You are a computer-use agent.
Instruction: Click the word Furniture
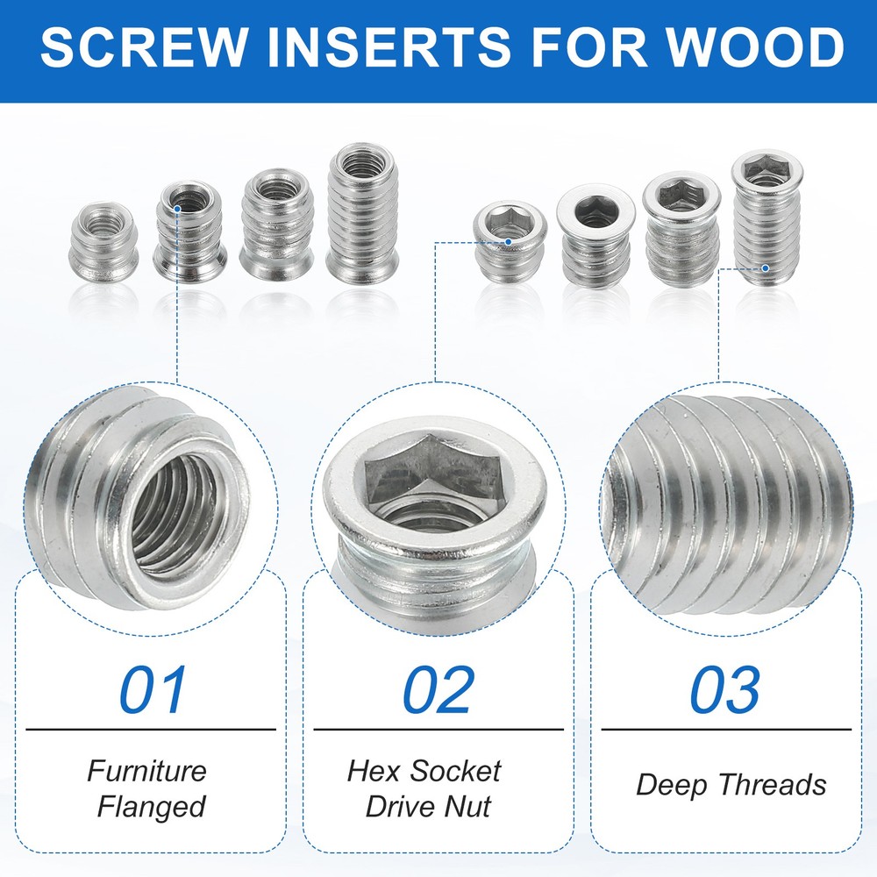pos(147,772)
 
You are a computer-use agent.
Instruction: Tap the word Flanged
pos(151,806)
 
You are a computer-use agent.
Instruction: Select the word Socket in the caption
pos(459,772)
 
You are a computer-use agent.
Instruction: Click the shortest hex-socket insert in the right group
pos(509,245)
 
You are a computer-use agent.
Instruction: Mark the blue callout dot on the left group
pos(178,209)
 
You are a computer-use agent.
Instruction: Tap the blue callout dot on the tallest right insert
pos(765,268)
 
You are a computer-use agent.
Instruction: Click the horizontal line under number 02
pos(438,729)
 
